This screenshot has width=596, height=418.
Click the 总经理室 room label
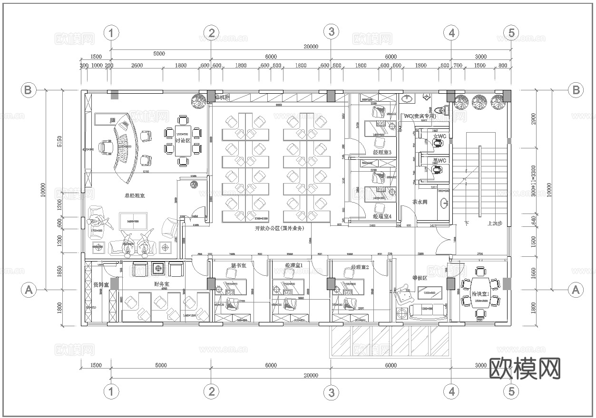point(135,195)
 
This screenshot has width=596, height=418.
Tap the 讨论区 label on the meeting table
point(183,141)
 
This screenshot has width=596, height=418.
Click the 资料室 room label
point(101,284)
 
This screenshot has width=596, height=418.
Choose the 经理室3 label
point(382,153)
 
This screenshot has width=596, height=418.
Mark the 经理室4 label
point(382,216)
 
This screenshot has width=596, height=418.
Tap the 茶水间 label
point(420,202)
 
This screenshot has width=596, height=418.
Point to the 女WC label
point(440,136)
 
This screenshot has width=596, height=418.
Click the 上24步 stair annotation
point(495,223)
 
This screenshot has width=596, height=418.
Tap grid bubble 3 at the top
point(331,32)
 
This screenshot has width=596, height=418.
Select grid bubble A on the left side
point(29,289)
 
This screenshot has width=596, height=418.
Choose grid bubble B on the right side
point(576,89)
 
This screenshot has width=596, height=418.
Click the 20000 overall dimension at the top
point(310,46)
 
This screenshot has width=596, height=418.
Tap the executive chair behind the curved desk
point(107,148)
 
